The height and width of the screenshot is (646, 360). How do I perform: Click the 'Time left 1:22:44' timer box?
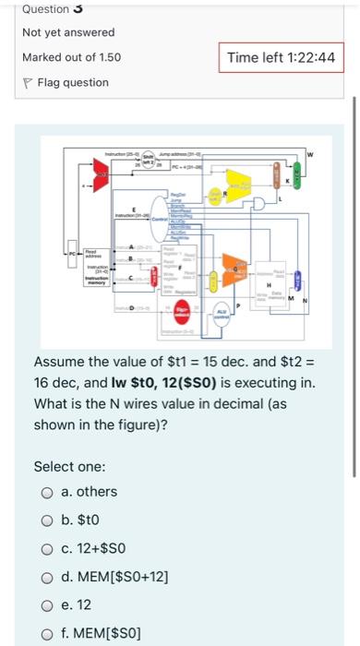pyautogui.click(x=280, y=57)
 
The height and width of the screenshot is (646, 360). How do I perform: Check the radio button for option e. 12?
pyautogui.click(x=46, y=607)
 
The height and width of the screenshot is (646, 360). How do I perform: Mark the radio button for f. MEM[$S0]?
pyautogui.click(x=46, y=636)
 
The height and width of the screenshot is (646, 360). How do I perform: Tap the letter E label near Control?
pyautogui.click(x=135, y=209)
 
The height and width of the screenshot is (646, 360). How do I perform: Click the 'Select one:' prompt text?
pyautogui.click(x=69, y=466)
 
